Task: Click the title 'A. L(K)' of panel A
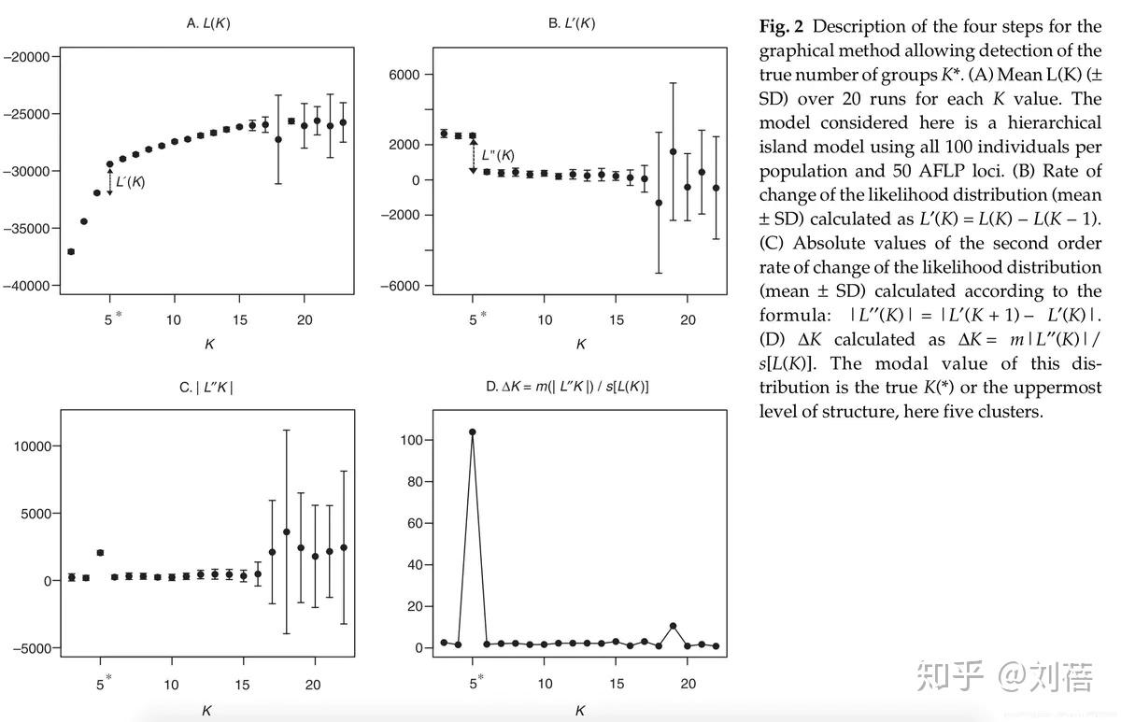point(208,23)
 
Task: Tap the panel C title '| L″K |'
point(206,387)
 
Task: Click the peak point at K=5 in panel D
point(473,432)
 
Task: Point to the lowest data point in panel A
point(71,251)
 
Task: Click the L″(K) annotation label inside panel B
point(498,155)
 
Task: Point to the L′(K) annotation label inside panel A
point(130,182)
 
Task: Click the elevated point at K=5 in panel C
point(100,553)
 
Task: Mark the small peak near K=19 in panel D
point(673,626)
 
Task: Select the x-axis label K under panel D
point(579,711)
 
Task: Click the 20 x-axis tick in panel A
point(304,320)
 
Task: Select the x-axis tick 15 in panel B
point(616,320)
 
